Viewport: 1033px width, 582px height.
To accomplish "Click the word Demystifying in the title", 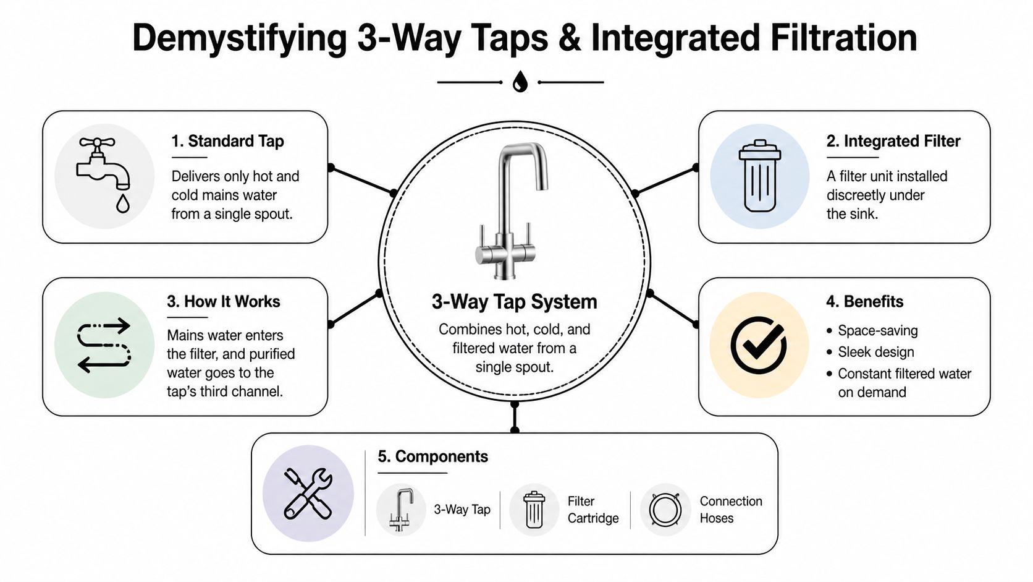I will (x=240, y=38).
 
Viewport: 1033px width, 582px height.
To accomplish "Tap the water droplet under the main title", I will (x=520, y=82).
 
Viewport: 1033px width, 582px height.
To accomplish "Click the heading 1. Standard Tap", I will (x=227, y=141).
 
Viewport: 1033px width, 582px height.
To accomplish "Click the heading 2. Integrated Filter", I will (x=893, y=141).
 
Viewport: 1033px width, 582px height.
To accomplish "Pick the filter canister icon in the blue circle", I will (x=759, y=176).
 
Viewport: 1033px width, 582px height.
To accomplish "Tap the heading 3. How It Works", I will (x=223, y=301).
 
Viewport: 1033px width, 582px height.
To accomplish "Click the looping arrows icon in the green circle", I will (x=104, y=345).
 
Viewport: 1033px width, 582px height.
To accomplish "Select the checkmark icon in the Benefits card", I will (x=759, y=345).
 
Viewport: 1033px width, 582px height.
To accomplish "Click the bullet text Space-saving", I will (x=877, y=330).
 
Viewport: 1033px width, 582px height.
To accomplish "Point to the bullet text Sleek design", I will (x=875, y=352).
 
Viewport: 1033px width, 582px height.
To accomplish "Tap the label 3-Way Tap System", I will (x=514, y=302).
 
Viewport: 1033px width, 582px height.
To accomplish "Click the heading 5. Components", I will (x=432, y=456).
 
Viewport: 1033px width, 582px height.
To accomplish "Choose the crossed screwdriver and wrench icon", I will (x=308, y=493).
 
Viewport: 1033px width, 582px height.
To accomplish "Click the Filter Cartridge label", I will (x=592, y=510).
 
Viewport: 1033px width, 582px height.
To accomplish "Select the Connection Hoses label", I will (x=730, y=510).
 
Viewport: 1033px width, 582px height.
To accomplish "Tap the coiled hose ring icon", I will (x=665, y=510).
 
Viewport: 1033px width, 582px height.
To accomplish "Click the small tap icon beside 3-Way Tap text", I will (x=401, y=510).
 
